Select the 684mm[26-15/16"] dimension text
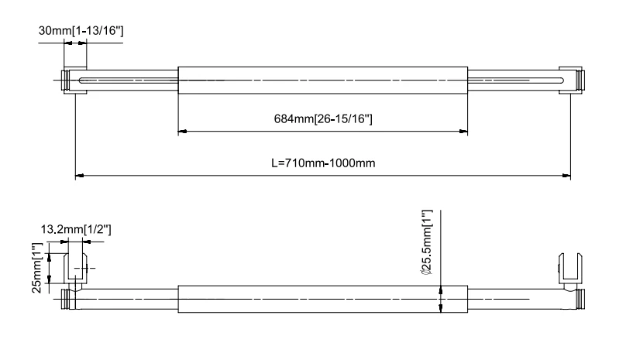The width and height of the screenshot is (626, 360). point(324,118)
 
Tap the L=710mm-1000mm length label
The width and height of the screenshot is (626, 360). point(324,163)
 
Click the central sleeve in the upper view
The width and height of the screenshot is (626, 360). point(323,80)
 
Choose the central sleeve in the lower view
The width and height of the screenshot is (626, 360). point(323,298)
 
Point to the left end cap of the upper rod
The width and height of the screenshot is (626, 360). point(63,80)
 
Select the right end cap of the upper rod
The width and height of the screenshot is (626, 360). point(582,80)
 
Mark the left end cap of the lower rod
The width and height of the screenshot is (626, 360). point(64,298)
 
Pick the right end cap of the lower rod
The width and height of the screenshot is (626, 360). point(582,298)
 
